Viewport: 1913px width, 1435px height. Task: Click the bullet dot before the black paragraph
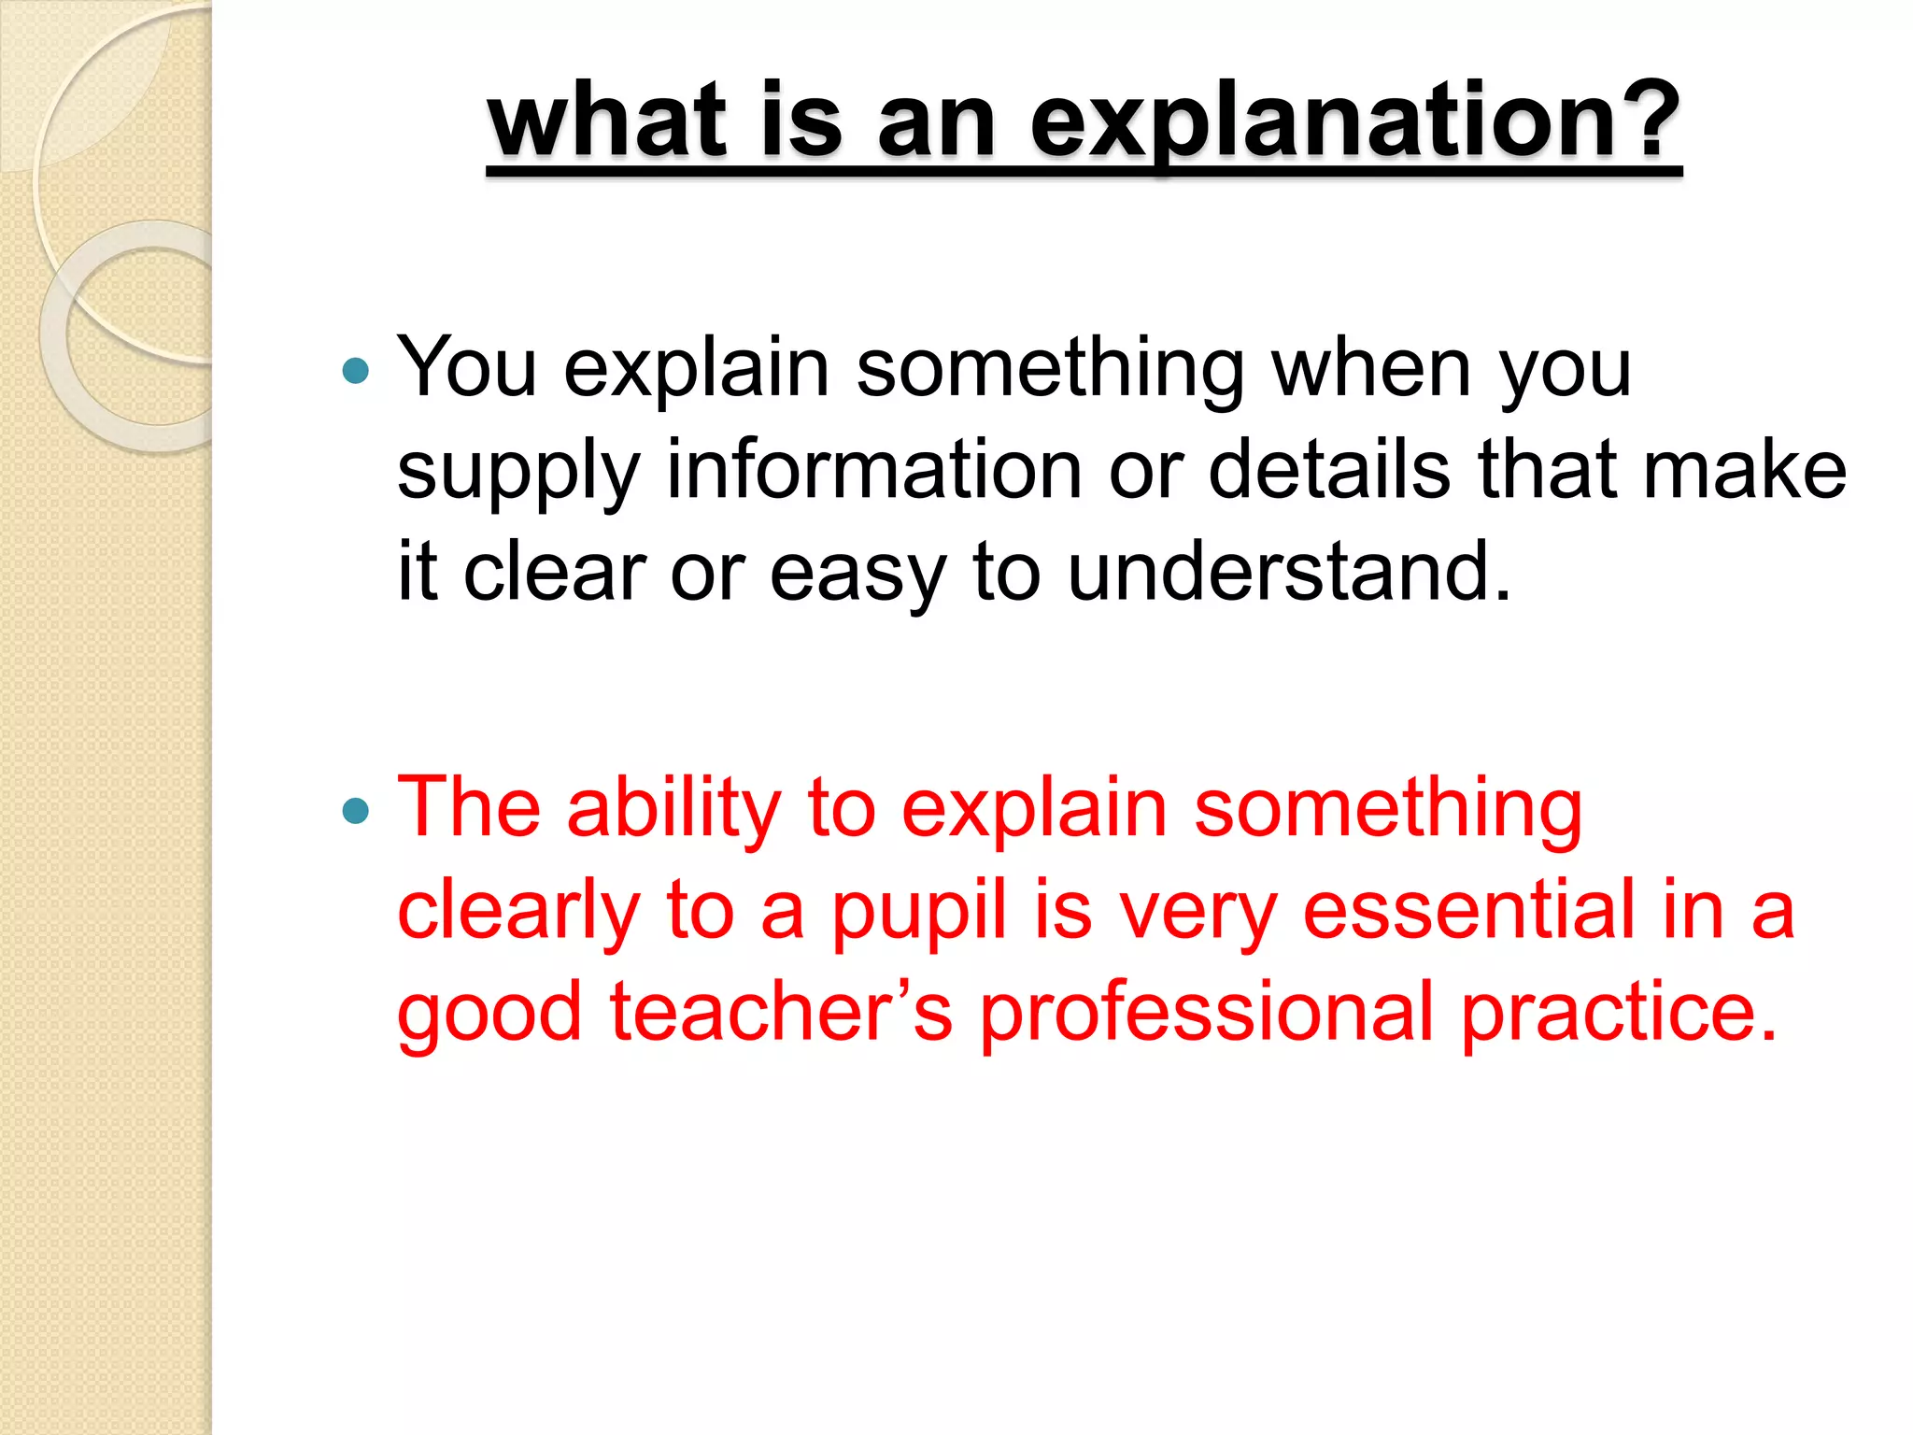click(356, 372)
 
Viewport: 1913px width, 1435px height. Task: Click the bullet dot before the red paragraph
click(356, 810)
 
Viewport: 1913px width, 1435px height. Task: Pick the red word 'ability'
click(673, 809)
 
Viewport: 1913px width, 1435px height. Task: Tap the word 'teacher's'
click(781, 1012)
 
